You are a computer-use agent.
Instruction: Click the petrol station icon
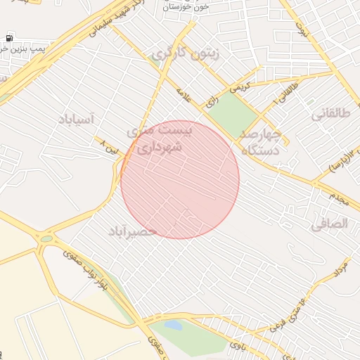click(x=8, y=37)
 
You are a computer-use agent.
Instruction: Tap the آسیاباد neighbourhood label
click(x=73, y=120)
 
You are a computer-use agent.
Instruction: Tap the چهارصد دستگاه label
click(x=261, y=141)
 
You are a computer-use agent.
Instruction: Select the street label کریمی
click(x=238, y=88)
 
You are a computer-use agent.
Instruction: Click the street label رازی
click(x=212, y=103)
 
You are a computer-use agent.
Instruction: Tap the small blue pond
click(x=171, y=325)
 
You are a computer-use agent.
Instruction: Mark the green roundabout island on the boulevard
click(x=46, y=239)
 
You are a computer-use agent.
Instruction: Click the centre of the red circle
click(x=180, y=180)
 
